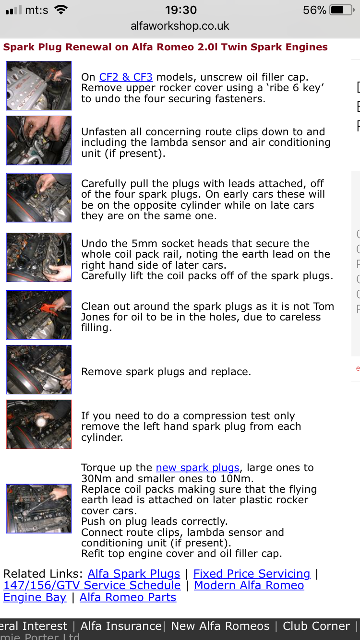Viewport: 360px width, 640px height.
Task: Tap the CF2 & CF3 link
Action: pos(126,77)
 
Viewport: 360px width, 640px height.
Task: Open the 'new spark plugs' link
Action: pos(198,468)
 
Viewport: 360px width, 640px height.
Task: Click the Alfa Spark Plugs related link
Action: pos(134,574)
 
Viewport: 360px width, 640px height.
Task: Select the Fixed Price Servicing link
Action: pos(252,574)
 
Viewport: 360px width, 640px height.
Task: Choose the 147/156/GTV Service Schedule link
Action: pos(92,585)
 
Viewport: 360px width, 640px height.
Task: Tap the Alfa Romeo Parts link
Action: pos(128,597)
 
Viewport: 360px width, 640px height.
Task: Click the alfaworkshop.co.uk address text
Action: pos(180,26)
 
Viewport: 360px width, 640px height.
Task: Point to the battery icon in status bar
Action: pos(342,10)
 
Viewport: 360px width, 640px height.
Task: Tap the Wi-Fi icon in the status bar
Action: pos(61,10)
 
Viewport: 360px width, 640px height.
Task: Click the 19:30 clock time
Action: pos(181,10)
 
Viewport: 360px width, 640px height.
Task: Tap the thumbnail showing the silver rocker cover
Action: pos(38,86)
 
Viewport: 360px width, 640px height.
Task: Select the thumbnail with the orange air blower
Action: pos(38,315)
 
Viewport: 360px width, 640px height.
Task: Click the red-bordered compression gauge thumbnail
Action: pos(38,424)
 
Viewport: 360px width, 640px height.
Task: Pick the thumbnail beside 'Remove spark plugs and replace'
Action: pos(38,370)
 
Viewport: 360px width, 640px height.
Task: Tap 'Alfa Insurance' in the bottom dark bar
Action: pos(121,626)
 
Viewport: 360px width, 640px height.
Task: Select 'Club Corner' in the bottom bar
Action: pos(316,626)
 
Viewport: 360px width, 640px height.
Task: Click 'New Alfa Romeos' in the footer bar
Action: pos(220,626)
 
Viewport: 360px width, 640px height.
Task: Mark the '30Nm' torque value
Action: pos(96,479)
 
